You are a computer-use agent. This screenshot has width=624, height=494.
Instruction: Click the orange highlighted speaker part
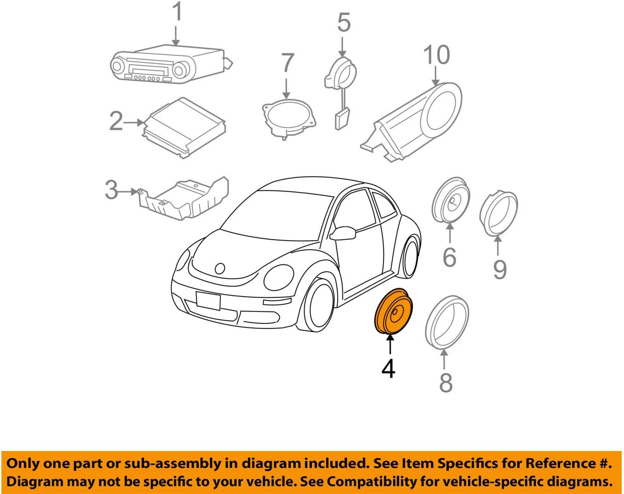[393, 311]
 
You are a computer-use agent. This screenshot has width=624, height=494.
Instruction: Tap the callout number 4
[388, 369]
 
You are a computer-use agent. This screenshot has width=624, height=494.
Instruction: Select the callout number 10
[436, 55]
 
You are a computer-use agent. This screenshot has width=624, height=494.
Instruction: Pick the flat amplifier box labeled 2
[184, 127]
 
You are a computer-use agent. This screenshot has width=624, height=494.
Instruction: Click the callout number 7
[287, 63]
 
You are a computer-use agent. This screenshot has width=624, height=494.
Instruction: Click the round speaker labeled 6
[451, 200]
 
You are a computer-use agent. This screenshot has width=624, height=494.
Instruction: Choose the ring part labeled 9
[498, 213]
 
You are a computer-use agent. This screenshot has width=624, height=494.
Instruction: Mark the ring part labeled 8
[446, 322]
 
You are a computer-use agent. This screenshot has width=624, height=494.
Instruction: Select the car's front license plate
[208, 301]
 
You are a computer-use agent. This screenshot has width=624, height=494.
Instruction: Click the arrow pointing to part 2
[134, 123]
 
